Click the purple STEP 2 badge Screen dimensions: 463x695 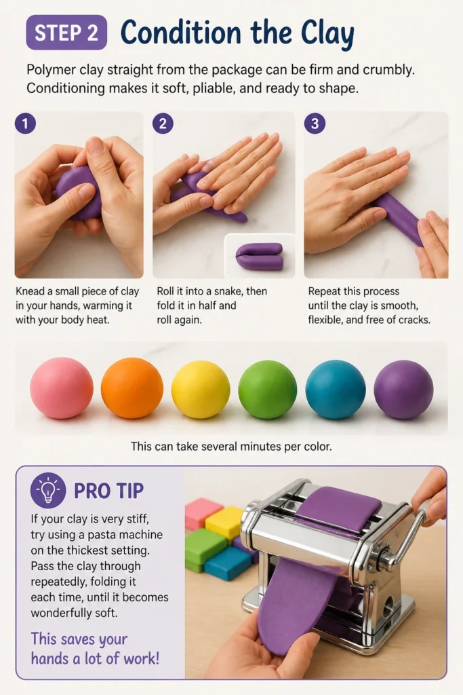tap(66, 33)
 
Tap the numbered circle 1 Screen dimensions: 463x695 tap(25, 124)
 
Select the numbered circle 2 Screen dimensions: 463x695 tap(163, 124)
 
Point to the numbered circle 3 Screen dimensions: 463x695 tap(315, 124)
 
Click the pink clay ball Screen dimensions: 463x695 tap(62, 388)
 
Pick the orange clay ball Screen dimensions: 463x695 tap(132, 388)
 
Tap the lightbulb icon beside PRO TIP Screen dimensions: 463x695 tap(48, 490)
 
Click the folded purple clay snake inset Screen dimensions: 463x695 tap(260, 256)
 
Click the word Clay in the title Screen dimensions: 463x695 tap(327, 33)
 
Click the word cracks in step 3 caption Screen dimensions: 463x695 tap(413, 320)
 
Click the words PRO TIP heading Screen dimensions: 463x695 tap(109, 491)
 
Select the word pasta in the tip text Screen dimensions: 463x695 tap(99, 535)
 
